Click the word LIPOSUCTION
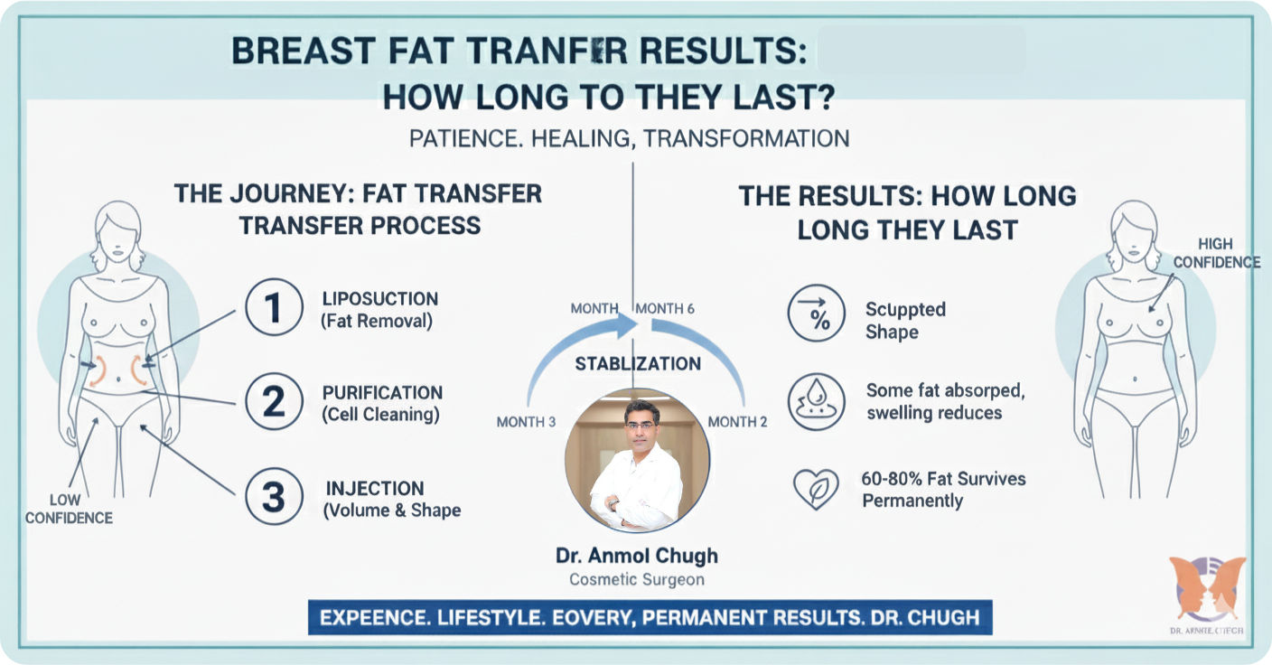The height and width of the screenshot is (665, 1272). coord(379,298)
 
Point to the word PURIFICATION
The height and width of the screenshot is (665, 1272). coord(382,393)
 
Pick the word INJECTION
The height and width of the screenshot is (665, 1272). coord(374,488)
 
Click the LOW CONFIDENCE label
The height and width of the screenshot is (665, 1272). coord(69,509)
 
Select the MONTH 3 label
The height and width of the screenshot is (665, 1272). coord(526,422)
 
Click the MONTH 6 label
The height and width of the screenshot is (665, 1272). coord(665,309)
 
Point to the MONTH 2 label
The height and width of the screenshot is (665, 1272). coord(737,422)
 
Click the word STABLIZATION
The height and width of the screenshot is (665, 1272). coord(638,363)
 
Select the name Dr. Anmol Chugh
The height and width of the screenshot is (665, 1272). coord(636,555)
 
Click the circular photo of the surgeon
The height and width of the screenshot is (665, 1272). coord(636,461)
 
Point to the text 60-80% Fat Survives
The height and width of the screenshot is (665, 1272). coord(944,479)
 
